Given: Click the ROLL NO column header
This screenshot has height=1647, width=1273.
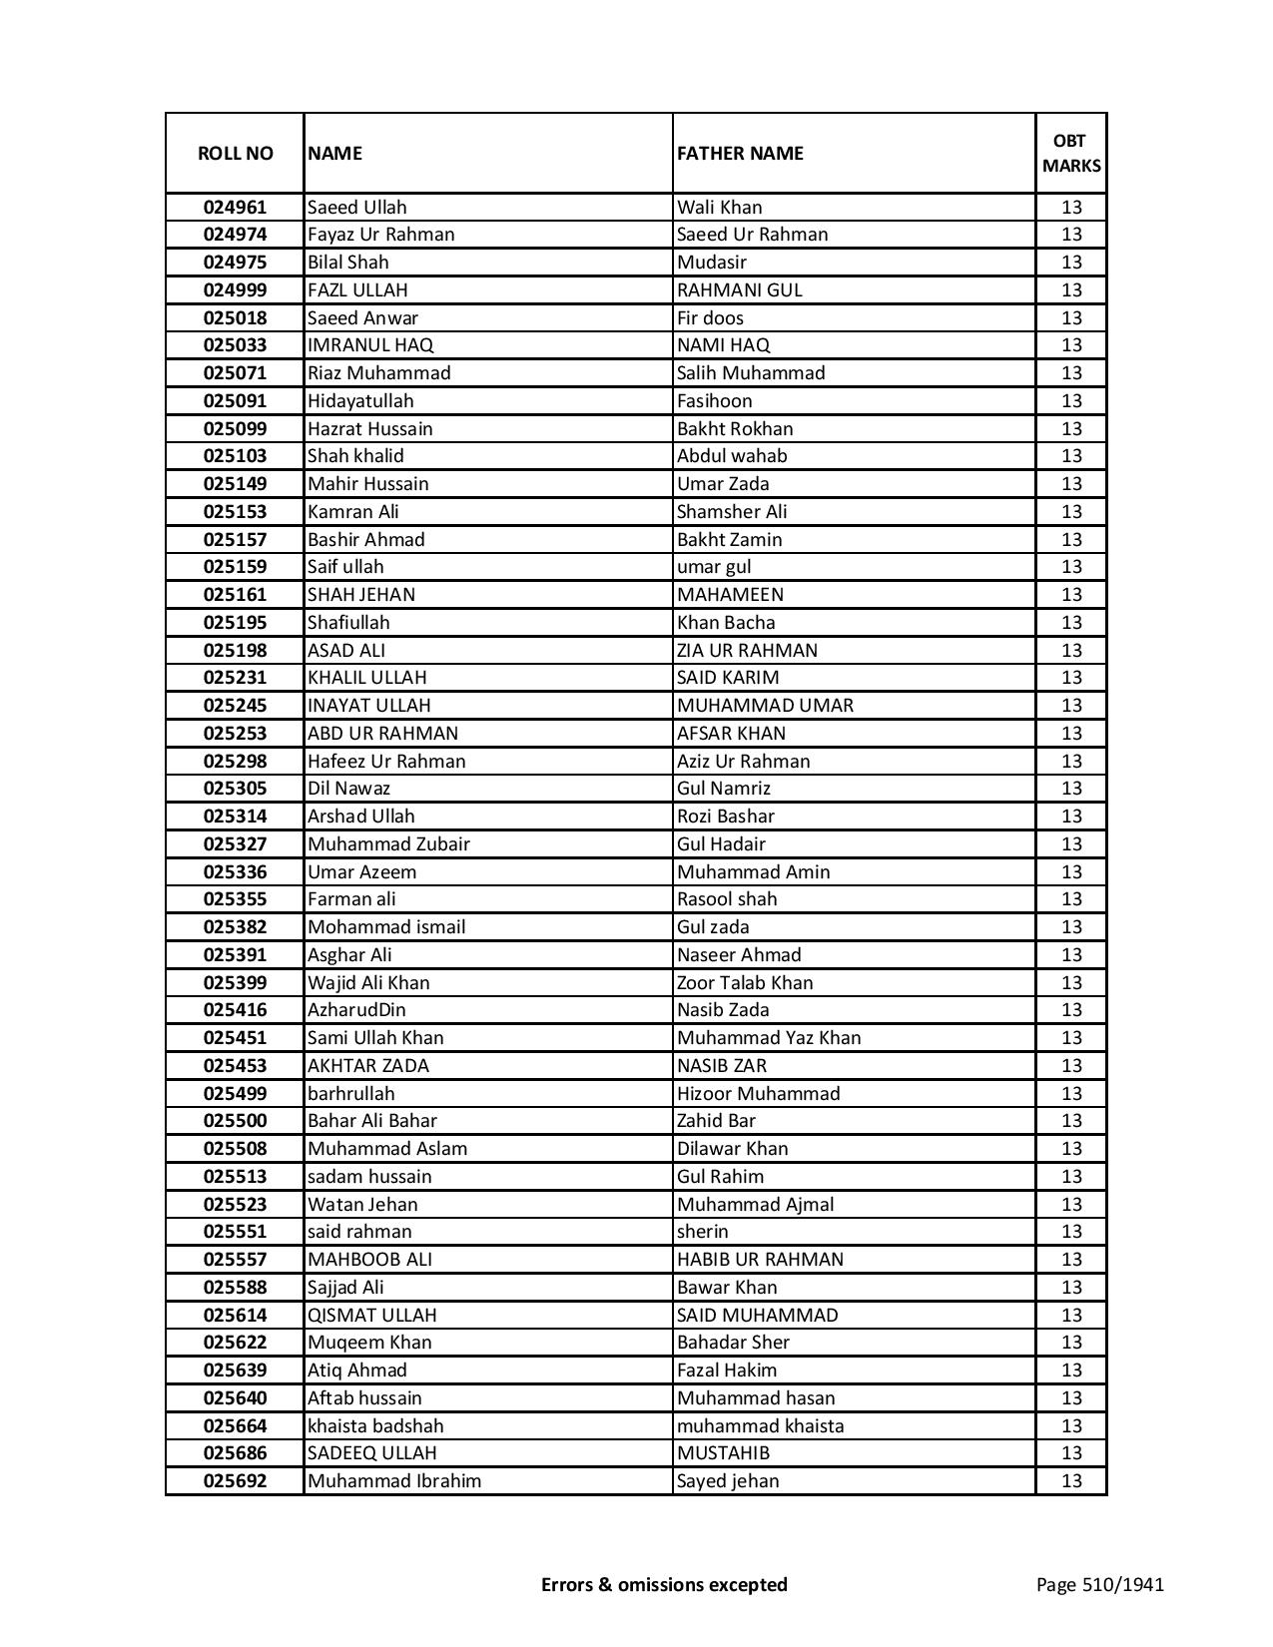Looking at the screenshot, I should (x=235, y=153).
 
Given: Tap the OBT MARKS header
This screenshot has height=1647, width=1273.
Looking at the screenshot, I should (x=1071, y=153).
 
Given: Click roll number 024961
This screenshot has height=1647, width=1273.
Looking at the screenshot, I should (x=235, y=208).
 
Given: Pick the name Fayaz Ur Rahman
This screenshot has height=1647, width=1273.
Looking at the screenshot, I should (x=380, y=235).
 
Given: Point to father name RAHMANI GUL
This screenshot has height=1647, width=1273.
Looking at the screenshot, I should (x=739, y=290).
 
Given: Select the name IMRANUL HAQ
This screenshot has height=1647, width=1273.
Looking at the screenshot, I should (x=370, y=345).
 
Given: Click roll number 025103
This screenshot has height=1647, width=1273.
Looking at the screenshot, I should (x=235, y=456).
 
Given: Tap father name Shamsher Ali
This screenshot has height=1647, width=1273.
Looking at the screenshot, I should (x=732, y=512).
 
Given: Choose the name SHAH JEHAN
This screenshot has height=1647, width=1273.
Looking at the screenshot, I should (x=361, y=595).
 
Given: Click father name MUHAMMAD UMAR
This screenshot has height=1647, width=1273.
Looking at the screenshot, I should (x=765, y=706).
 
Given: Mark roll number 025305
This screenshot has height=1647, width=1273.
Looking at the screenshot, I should (x=235, y=789).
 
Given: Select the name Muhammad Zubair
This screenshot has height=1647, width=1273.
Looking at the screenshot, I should (x=388, y=844).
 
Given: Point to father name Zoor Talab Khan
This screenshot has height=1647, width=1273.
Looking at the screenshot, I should (x=745, y=983).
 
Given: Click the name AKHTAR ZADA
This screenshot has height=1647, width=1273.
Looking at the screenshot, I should (x=368, y=1066).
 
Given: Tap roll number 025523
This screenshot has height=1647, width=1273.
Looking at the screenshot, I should (x=235, y=1205).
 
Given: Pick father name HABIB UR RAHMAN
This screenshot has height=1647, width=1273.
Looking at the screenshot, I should (x=760, y=1260).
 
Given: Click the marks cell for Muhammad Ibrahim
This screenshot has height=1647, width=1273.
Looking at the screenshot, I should (x=1071, y=1481).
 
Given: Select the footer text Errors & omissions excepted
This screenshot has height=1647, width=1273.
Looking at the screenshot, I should (x=664, y=1584).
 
